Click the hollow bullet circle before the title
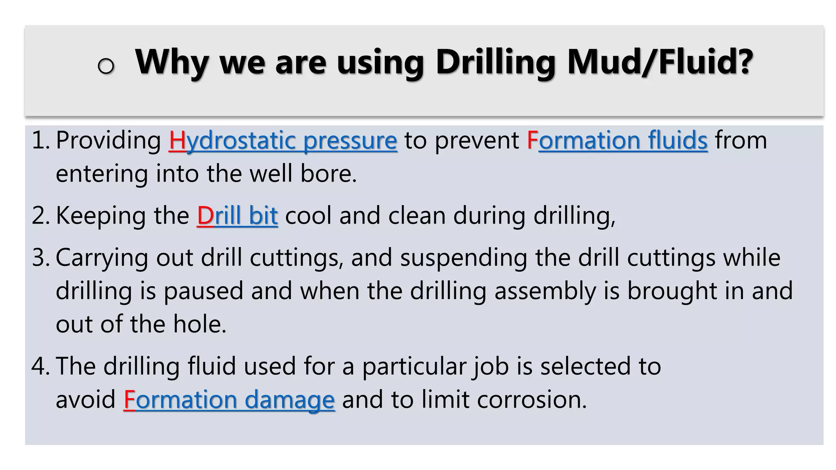[x=106, y=66]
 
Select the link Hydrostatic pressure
[x=283, y=141]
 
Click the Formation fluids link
[x=617, y=141]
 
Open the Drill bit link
[x=237, y=216]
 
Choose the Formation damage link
[x=229, y=399]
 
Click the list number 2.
[x=39, y=216]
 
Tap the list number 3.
[x=39, y=258]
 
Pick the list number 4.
[x=39, y=366]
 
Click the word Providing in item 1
[x=109, y=141]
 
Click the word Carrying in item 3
[x=102, y=258]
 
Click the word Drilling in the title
[x=496, y=62]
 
